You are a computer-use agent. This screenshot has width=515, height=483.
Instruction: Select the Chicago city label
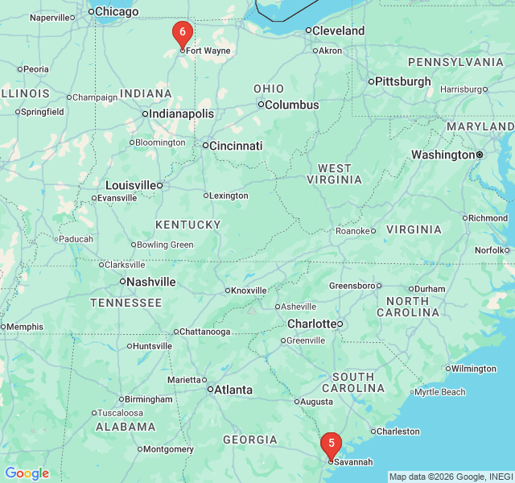(117, 11)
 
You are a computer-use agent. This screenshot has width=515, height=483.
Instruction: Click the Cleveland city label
(338, 31)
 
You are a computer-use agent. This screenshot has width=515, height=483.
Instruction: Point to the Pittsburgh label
(403, 81)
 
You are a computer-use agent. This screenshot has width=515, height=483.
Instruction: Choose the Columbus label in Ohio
(291, 105)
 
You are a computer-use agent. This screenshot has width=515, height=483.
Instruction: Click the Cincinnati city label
(236, 146)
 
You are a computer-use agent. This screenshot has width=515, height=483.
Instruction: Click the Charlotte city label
(311, 324)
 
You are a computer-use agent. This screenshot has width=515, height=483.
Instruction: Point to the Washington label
(443, 155)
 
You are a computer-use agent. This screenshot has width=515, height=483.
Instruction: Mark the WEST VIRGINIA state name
(334, 174)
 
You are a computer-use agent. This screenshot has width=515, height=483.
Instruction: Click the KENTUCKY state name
(188, 225)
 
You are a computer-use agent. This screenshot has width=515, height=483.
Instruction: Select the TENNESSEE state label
(126, 303)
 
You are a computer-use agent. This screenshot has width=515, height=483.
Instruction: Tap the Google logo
(27, 473)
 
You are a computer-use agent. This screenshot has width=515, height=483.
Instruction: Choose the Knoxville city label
(249, 291)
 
